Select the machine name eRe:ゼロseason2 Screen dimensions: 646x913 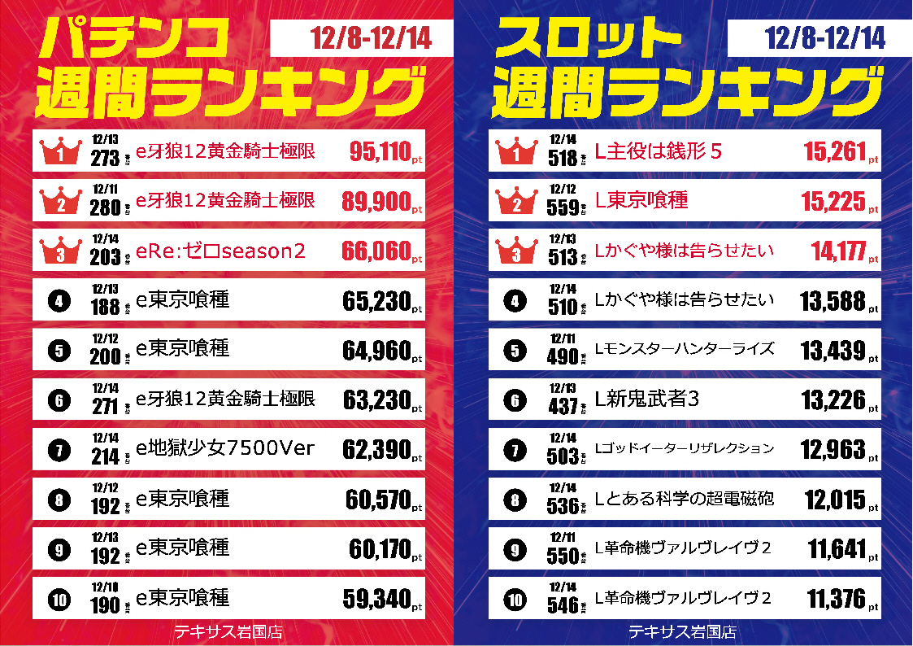tap(220, 251)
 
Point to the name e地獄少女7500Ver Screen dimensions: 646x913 tap(224, 448)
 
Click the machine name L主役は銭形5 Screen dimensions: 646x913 tap(659, 151)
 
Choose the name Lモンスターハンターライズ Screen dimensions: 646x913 tap(685, 349)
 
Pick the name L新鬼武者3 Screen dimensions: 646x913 tap(648, 399)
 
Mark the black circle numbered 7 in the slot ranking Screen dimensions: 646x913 tap(514, 448)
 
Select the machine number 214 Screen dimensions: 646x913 tap(105, 456)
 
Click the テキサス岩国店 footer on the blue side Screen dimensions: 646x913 tap(683, 631)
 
